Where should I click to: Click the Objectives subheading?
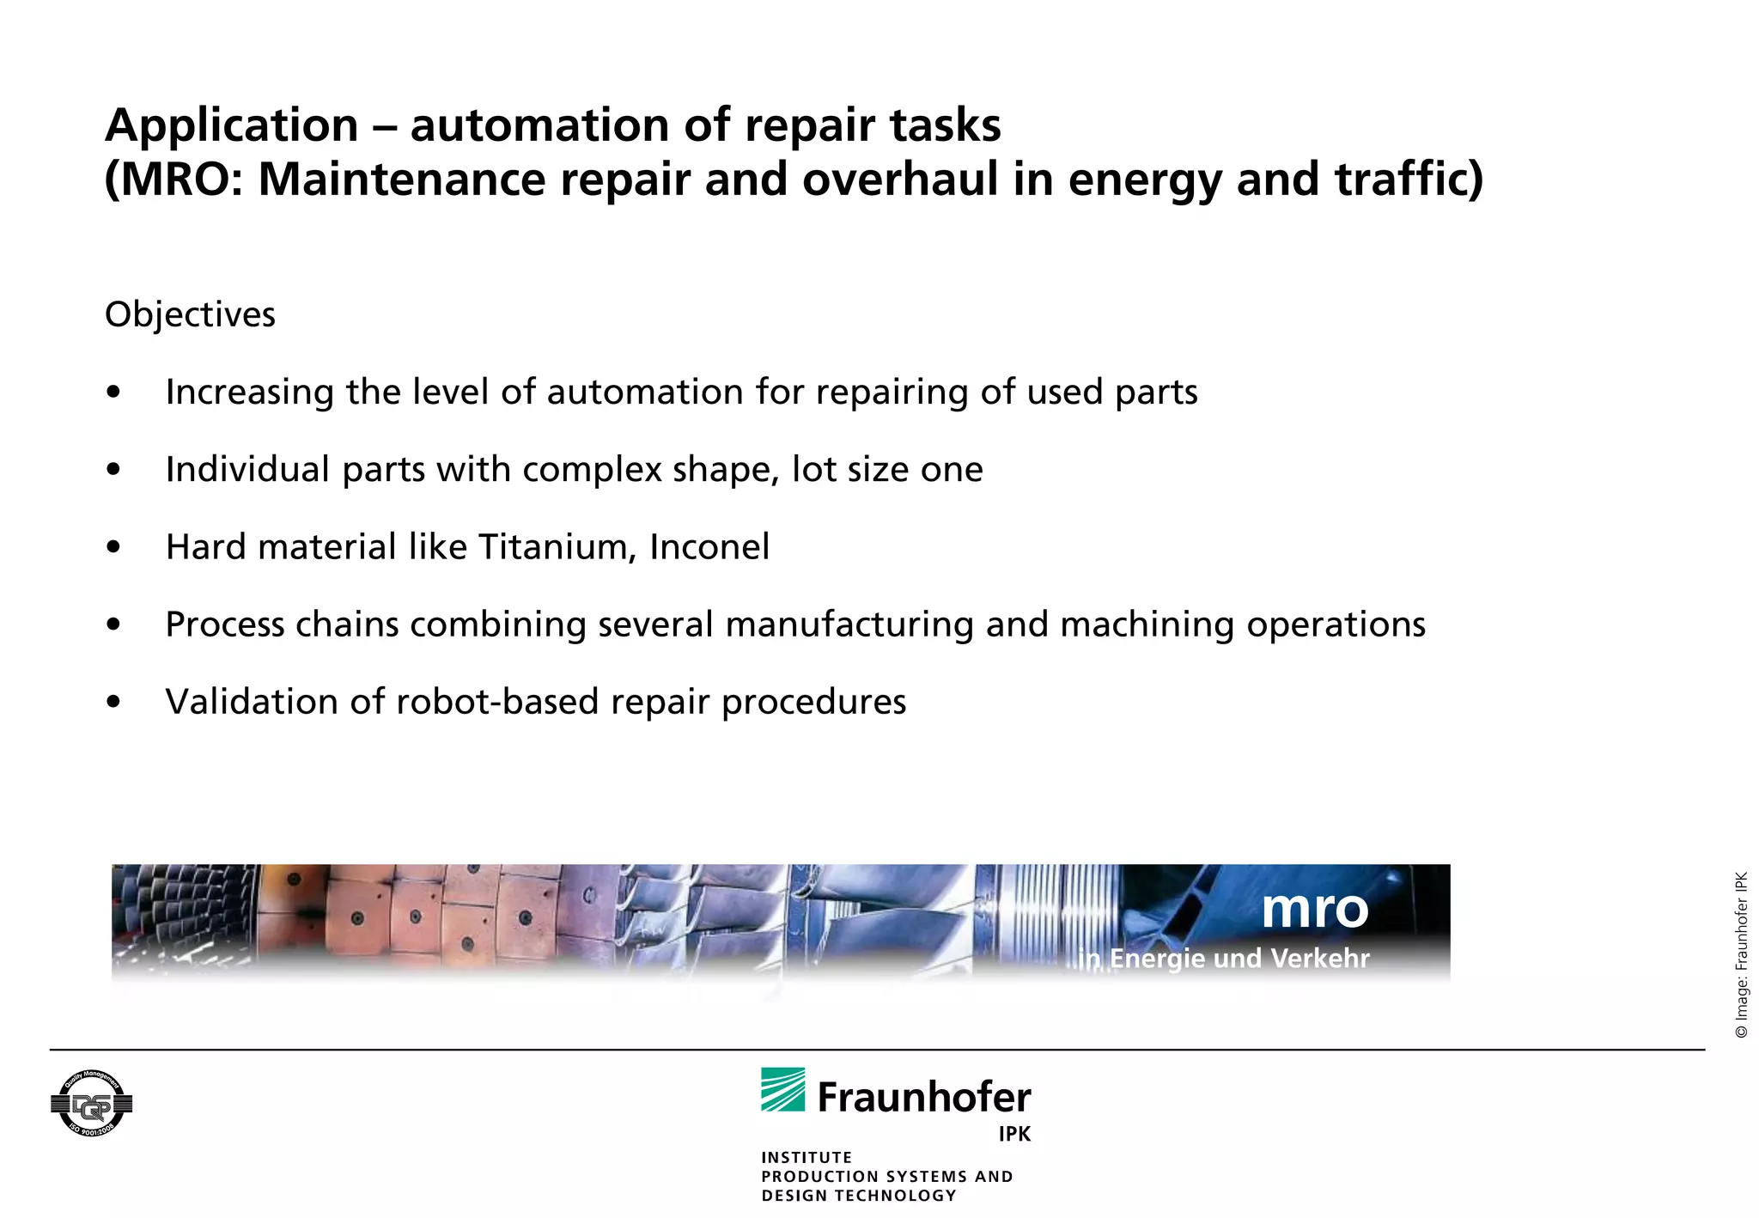coord(190,315)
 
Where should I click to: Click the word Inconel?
coord(709,547)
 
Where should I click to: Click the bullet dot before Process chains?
coord(113,624)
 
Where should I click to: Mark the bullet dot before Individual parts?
coord(113,470)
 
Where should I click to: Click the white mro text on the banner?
coord(1315,909)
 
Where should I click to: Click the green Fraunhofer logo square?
coord(782,1089)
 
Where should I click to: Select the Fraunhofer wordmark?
coord(924,1098)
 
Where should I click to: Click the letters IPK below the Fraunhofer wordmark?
coord(1014,1134)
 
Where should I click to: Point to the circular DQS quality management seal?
coord(91,1104)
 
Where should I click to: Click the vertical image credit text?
coord(1741,955)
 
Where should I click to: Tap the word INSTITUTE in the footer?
coord(806,1158)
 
